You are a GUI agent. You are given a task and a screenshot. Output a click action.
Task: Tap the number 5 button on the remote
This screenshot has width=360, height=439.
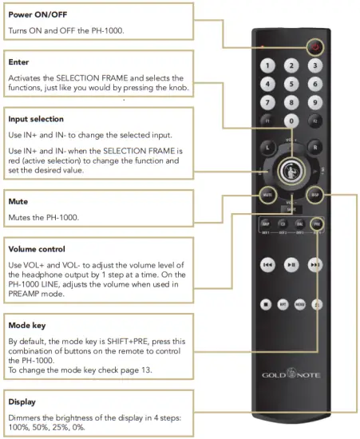[292, 83]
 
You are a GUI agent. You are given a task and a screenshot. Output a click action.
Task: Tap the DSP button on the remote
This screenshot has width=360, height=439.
[316, 193]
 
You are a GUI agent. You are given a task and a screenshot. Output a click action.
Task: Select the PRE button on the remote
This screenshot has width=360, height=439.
[317, 224]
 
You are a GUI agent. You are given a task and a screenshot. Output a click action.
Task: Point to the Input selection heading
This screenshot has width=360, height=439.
[35, 119]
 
